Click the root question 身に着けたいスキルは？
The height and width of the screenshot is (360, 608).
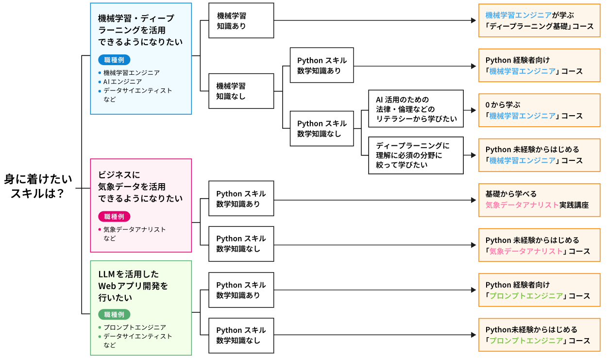tap(38, 186)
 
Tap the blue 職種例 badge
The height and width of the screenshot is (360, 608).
tap(114, 60)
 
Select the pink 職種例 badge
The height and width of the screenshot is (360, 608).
tap(114, 217)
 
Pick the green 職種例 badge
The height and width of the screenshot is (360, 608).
tap(114, 314)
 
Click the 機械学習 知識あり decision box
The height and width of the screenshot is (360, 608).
tap(241, 20)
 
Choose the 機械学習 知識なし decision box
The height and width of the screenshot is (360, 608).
tap(241, 91)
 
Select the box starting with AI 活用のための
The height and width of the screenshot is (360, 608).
tap(415, 109)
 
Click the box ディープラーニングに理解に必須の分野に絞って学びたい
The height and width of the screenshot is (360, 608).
tap(415, 155)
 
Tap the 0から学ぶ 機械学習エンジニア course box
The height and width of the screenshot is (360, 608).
tap(539, 110)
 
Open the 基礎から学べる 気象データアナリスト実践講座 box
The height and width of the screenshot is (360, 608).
tap(539, 199)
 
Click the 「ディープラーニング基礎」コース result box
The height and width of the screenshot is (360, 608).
tap(539, 20)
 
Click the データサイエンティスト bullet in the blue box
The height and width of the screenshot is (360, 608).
tap(137, 90)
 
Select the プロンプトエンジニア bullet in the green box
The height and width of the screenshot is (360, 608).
tap(135, 327)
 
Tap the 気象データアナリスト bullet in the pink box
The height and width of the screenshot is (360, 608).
tap(135, 229)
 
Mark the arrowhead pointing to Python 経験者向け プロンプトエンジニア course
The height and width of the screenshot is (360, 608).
tap(473, 291)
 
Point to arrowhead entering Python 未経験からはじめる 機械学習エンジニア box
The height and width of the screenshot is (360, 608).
tap(473, 155)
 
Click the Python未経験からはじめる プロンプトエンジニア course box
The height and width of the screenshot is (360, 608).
tap(539, 335)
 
